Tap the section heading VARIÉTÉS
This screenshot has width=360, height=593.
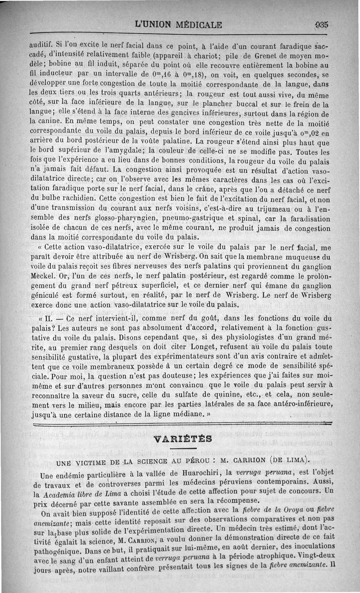[x=183, y=438]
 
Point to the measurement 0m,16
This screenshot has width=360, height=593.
[x=148, y=76]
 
